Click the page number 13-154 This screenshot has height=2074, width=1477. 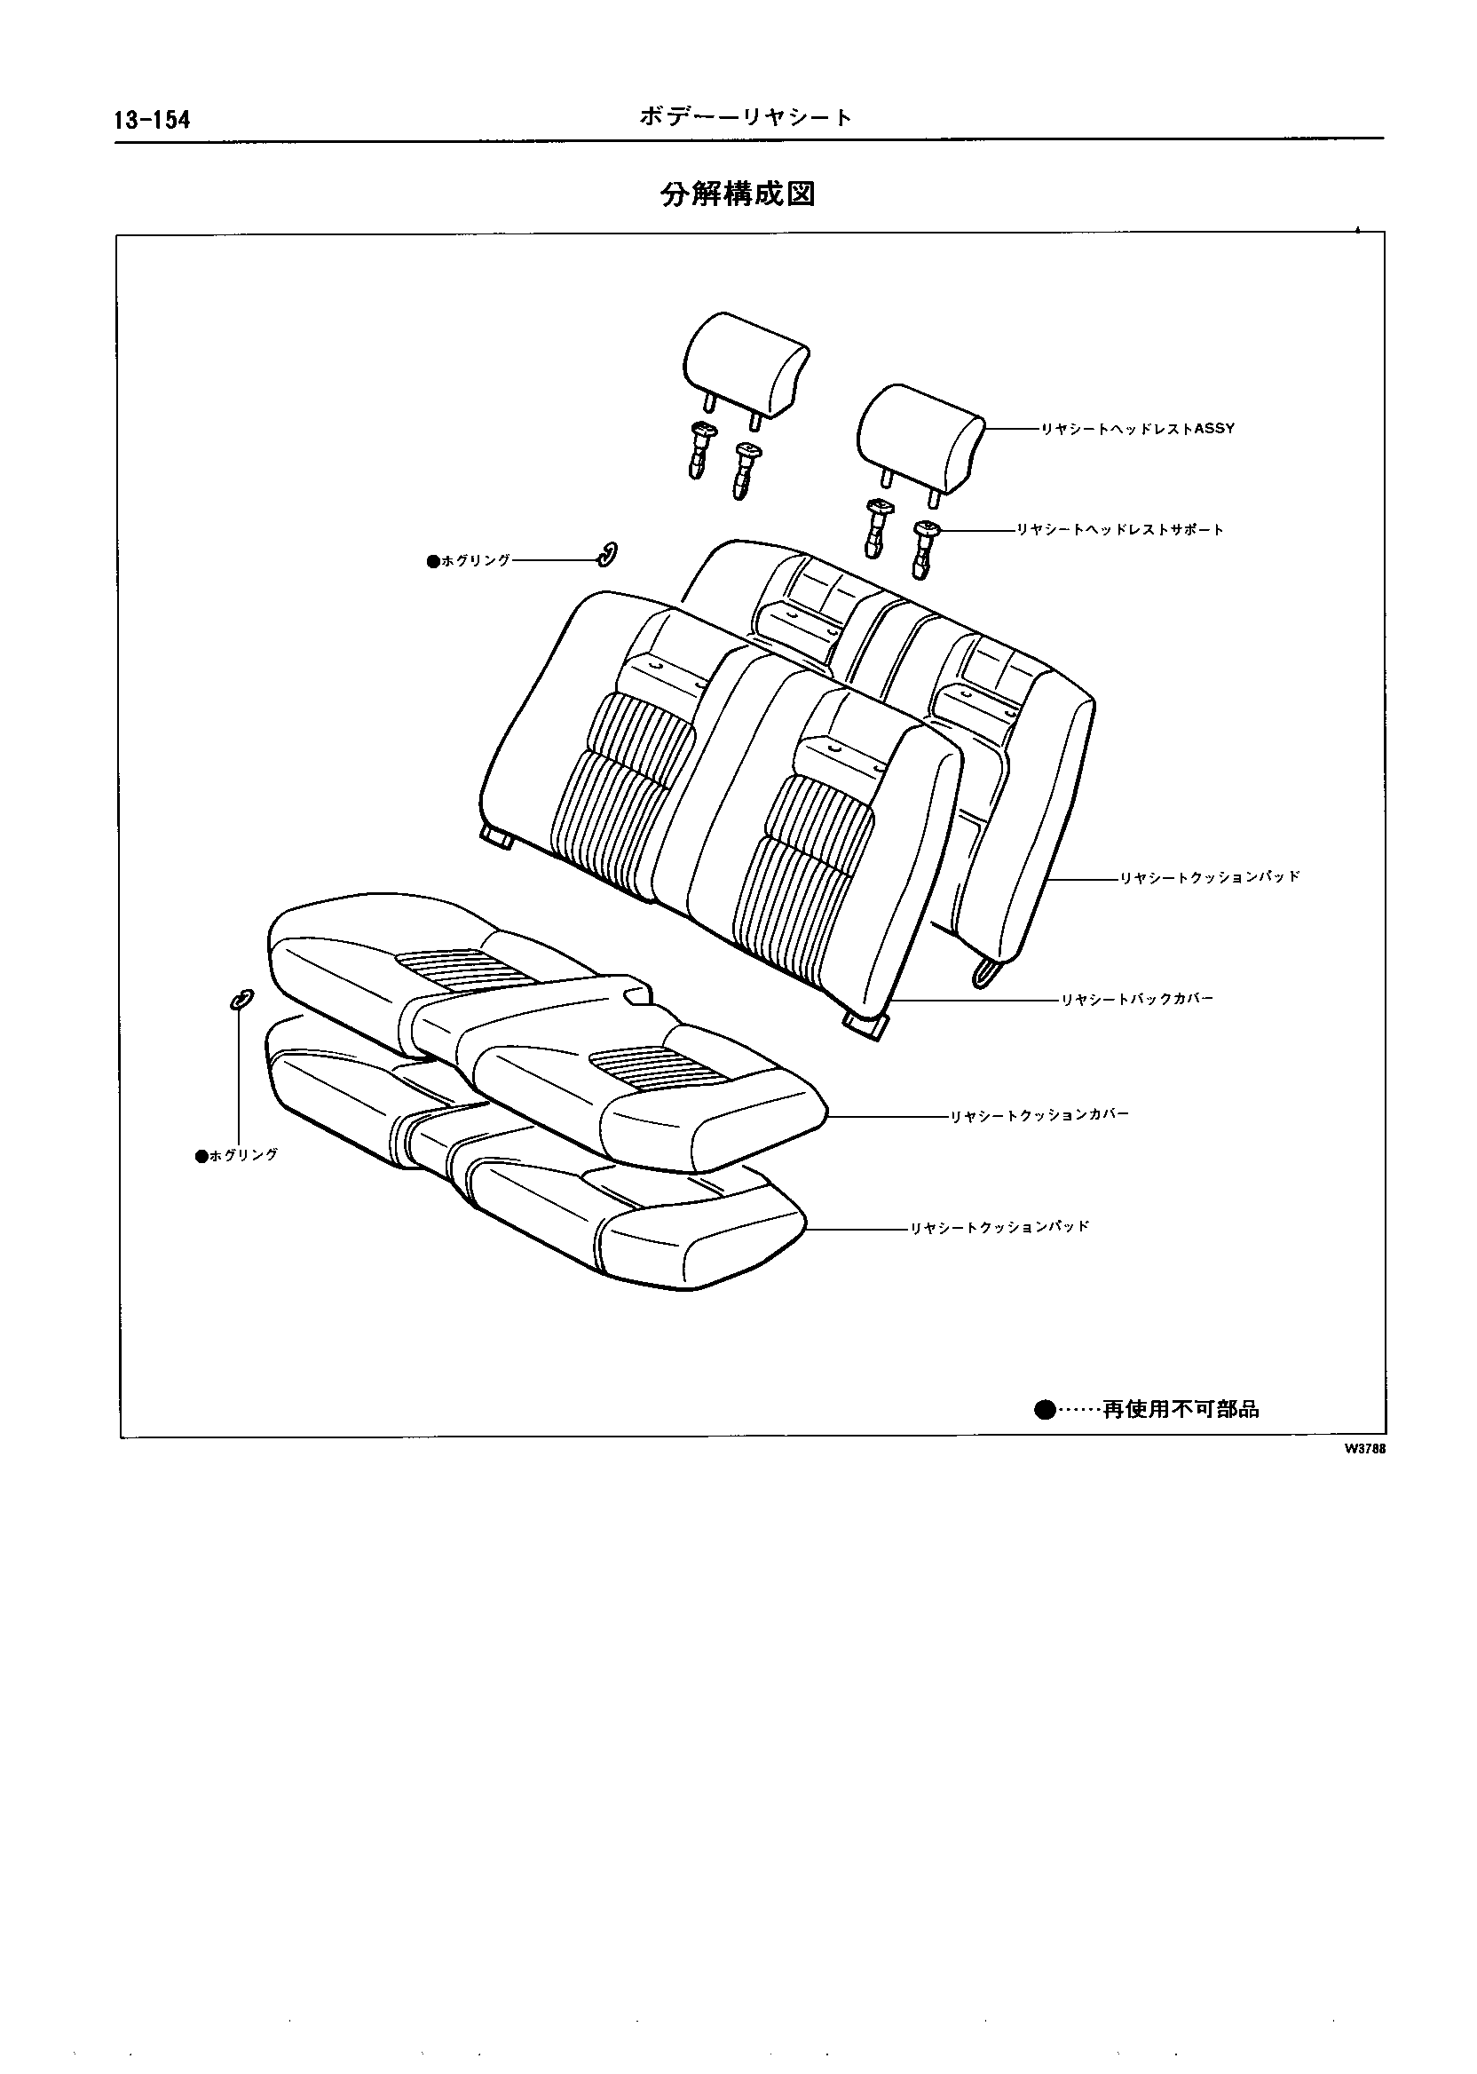[152, 120]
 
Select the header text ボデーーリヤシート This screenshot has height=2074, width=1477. [745, 117]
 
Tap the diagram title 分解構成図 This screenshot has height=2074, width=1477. [738, 194]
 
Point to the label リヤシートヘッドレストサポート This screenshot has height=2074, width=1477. [1119, 529]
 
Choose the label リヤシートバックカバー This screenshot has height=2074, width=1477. [1137, 1000]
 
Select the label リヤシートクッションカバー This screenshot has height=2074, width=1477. [1039, 1115]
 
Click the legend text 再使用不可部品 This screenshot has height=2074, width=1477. [1181, 1410]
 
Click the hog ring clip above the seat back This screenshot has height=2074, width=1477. [606, 553]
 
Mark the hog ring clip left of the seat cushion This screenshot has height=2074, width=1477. [241, 998]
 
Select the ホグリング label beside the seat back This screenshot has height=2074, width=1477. [470, 561]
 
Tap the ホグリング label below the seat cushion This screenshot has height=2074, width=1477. [237, 1156]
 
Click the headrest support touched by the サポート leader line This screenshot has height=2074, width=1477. [925, 546]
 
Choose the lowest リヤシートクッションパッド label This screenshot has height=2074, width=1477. [999, 1228]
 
